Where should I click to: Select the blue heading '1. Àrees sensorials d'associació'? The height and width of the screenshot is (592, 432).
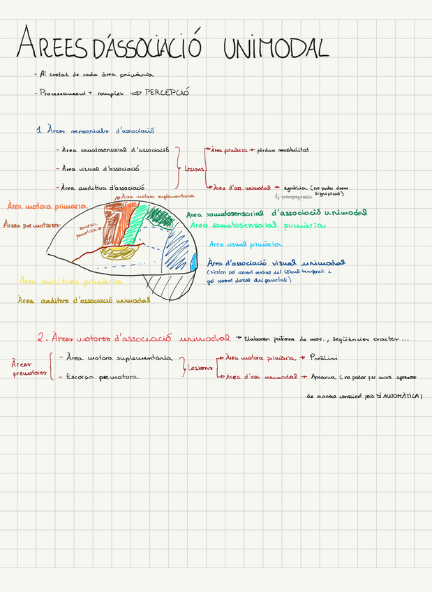tap(95, 130)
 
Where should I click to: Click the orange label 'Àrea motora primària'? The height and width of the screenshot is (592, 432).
tap(45, 207)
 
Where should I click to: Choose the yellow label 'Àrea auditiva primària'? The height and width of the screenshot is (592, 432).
tap(70, 282)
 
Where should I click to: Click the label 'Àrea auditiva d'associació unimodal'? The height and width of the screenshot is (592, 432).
tap(84, 300)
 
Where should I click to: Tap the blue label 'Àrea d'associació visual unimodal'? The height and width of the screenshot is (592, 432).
tap(276, 263)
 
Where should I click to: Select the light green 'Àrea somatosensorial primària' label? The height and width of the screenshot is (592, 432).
tap(258, 226)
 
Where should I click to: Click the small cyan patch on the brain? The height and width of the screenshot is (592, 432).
tap(193, 264)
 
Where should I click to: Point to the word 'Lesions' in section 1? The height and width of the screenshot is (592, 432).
tap(195, 168)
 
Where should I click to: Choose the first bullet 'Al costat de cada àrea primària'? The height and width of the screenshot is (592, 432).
tap(98, 74)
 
